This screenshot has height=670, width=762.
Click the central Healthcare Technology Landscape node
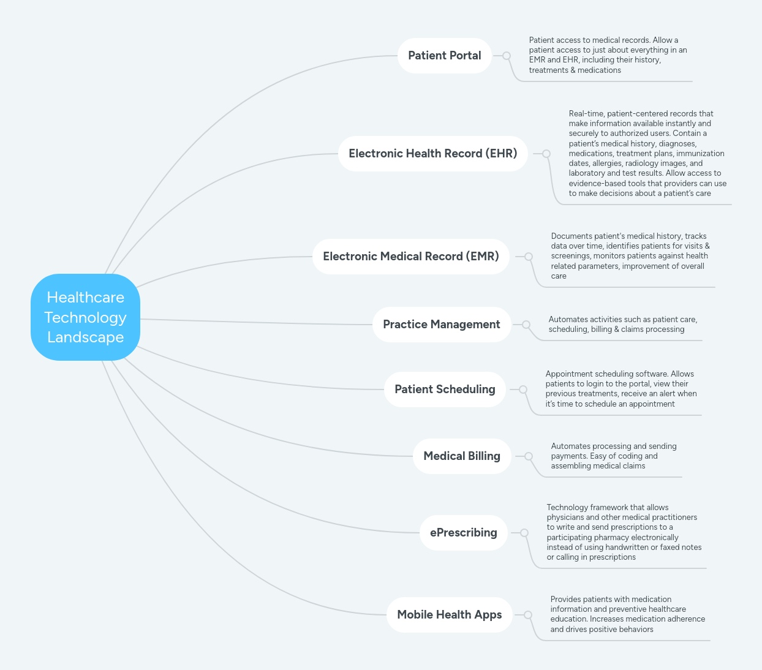pyautogui.click(x=85, y=317)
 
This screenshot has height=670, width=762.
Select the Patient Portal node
pyautogui.click(x=444, y=56)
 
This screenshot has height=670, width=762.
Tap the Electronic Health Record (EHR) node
pyautogui.click(x=432, y=154)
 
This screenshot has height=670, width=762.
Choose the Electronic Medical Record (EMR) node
pyautogui.click(x=410, y=257)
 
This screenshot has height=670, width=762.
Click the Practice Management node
pyautogui.click(x=441, y=325)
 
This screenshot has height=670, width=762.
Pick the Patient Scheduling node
pyautogui.click(x=445, y=390)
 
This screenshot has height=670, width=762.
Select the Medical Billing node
pyautogui.click(x=462, y=456)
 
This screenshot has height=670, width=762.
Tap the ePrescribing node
pyautogui.click(x=463, y=533)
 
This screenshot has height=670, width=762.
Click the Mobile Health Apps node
pyautogui.click(x=449, y=615)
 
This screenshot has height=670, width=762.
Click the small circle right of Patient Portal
pyautogui.click(x=507, y=56)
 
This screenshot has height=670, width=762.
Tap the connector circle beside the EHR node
pyautogui.click(x=546, y=154)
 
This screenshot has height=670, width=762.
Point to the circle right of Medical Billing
pyautogui.click(x=529, y=456)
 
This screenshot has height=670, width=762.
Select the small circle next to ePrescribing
pyautogui.click(x=524, y=533)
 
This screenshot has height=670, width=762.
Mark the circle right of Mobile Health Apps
pyautogui.click(x=528, y=615)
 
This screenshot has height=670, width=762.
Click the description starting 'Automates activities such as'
pyautogui.click(x=622, y=325)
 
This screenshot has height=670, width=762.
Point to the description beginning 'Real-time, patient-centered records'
pyautogui.click(x=647, y=153)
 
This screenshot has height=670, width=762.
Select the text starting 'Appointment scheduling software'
pyautogui.click(x=621, y=389)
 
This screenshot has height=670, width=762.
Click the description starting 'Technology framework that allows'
pyautogui.click(x=624, y=532)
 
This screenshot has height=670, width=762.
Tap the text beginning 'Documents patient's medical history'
pyautogui.click(x=630, y=256)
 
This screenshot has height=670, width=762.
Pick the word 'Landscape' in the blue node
pyautogui.click(x=85, y=337)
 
